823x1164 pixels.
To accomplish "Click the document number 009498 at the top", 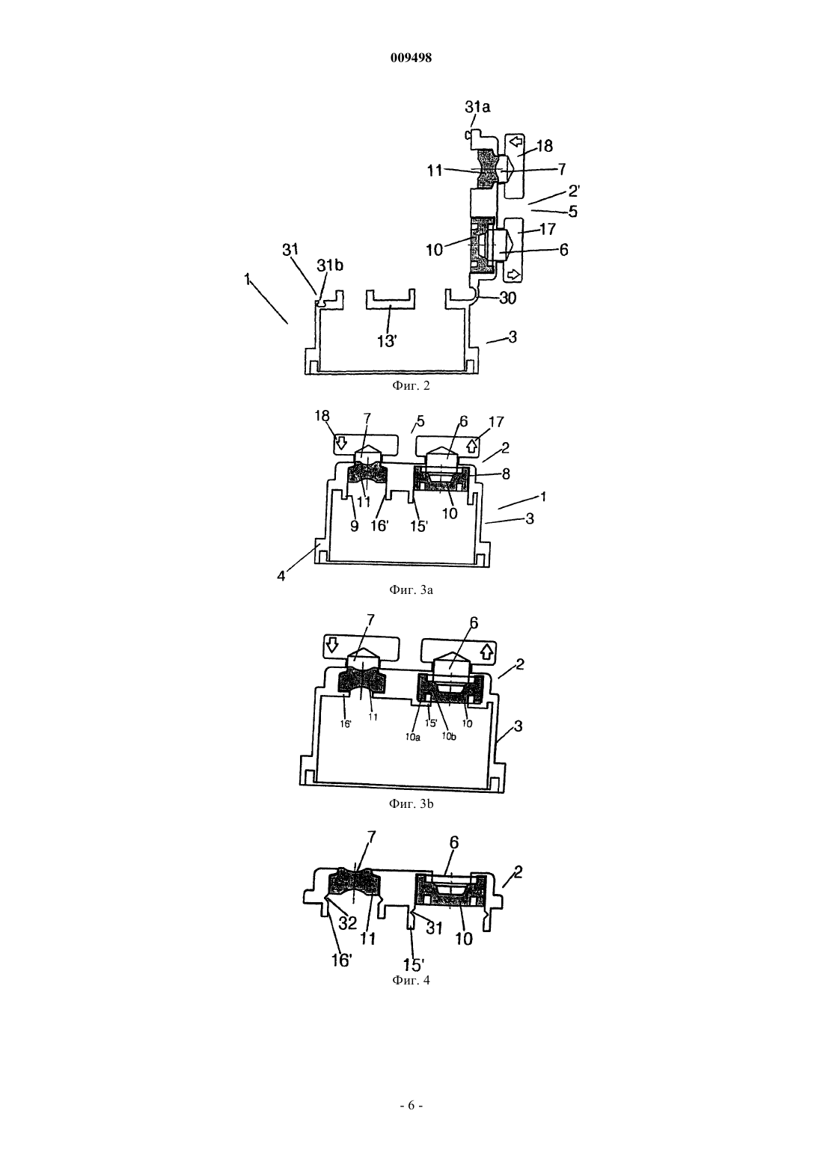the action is coord(411,58).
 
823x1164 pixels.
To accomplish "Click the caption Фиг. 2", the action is coord(411,385).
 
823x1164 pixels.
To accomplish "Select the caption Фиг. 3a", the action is coord(411,589).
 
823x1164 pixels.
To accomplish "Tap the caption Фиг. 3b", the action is coord(411,804).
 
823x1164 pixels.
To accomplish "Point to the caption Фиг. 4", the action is coord(411,981).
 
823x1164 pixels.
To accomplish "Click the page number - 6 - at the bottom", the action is coord(411,1106).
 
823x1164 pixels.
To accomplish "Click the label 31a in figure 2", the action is coord(477,107).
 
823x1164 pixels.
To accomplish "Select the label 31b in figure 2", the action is coord(330,266).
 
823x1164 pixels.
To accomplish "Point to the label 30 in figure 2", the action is coord(507,298).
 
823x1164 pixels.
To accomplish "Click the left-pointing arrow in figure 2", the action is coord(515,141).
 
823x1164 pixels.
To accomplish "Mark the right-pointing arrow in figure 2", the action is coord(513,273).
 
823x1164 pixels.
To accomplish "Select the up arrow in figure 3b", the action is coord(486,650).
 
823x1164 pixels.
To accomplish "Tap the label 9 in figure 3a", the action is coord(355,527).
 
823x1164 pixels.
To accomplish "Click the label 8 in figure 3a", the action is coord(506,474).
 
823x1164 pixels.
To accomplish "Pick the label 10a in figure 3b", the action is coord(413,737).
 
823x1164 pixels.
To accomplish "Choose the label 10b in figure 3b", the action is coord(449,737).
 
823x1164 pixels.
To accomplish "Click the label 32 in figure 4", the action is coord(348,922).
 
